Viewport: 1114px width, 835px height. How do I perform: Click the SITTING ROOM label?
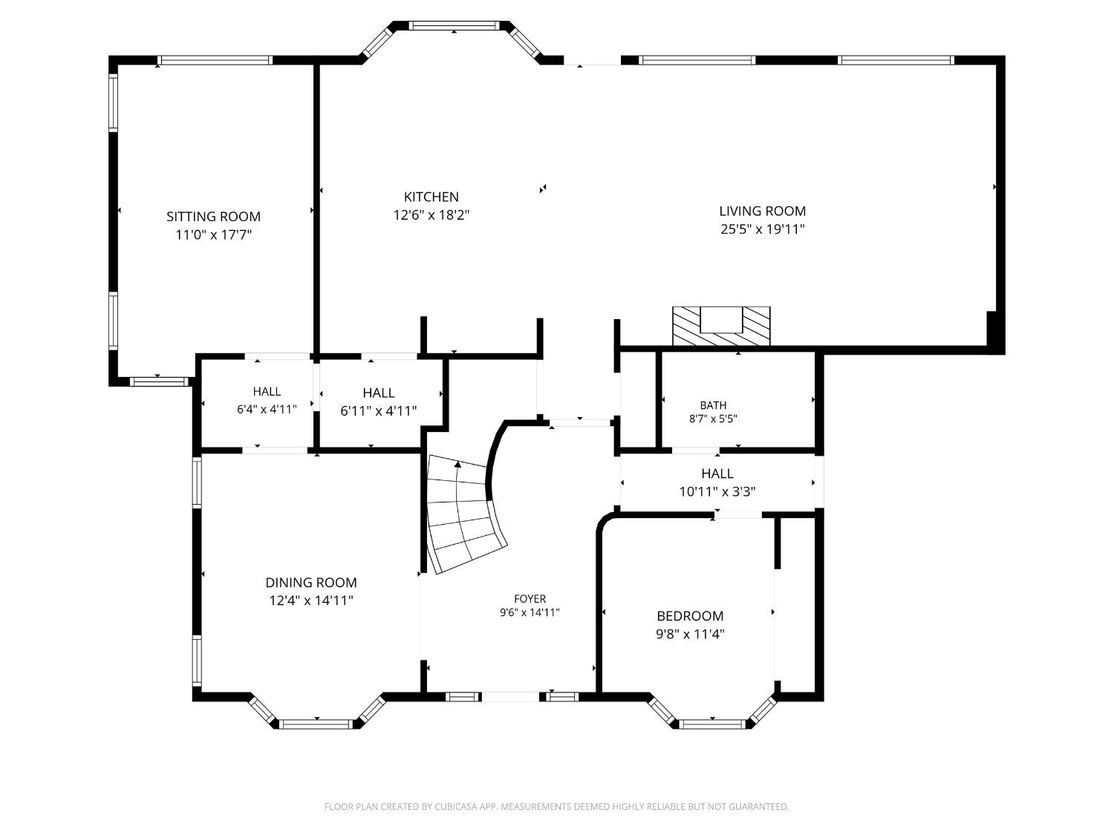pos(213,217)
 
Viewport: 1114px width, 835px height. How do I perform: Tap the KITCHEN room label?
pos(431,197)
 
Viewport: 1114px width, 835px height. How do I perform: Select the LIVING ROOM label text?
pos(762,211)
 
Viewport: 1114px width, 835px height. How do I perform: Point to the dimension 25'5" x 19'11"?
pos(762,229)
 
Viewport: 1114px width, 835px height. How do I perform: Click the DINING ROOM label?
pos(311,582)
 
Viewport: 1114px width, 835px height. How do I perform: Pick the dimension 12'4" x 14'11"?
pos(311,600)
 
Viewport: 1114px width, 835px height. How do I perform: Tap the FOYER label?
pos(530,598)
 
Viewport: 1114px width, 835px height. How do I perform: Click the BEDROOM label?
pos(690,615)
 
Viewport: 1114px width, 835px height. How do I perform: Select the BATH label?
pos(713,405)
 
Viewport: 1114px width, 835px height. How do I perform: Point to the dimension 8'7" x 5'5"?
pos(713,419)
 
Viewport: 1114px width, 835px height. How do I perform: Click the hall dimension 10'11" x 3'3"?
pos(717,491)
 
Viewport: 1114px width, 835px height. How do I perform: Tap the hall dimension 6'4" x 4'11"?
pos(267,409)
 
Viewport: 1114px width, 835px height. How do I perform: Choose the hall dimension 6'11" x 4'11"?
pos(379,410)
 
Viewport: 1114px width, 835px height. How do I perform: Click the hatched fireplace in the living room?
pos(721,326)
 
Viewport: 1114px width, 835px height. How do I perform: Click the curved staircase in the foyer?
pos(464,513)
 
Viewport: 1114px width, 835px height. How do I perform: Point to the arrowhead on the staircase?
pos(457,464)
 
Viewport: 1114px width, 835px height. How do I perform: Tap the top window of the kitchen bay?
pos(455,25)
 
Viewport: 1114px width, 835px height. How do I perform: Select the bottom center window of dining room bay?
pos(316,724)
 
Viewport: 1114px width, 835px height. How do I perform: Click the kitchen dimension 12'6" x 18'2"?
pos(431,215)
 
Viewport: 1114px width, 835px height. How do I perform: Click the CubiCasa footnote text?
pos(557,806)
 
